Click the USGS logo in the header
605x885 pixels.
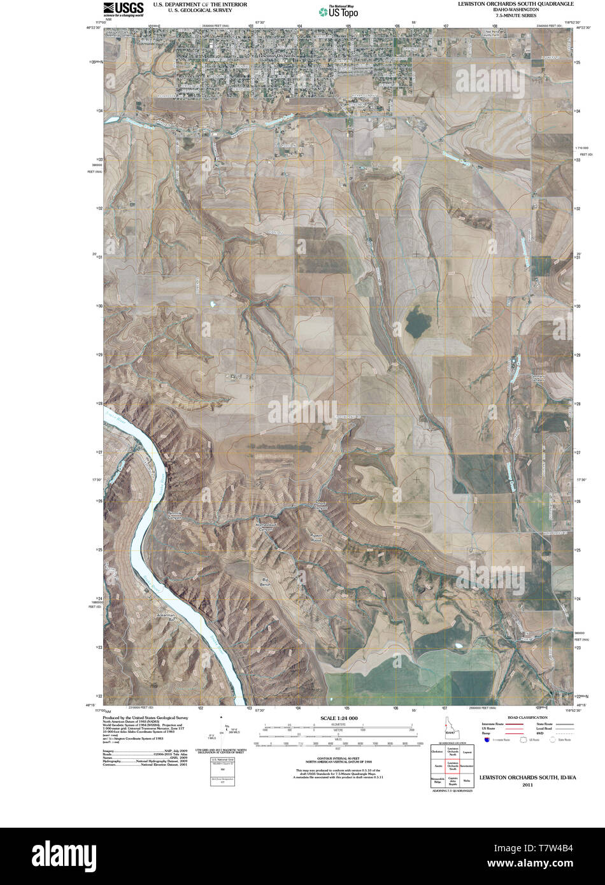pyautogui.click(x=124, y=8)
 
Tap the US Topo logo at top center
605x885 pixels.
pyautogui.click(x=339, y=10)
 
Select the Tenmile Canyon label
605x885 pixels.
pyautogui.click(x=174, y=516)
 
